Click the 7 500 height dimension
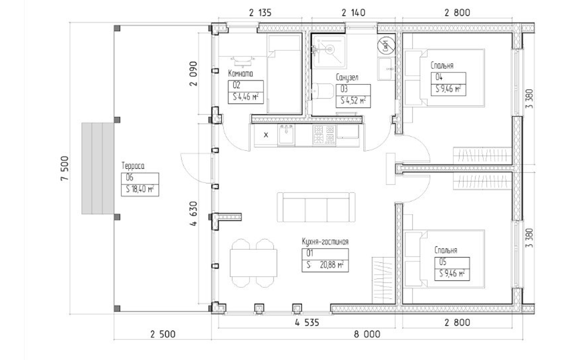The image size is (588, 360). [x=64, y=168]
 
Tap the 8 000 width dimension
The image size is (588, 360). [x=367, y=334]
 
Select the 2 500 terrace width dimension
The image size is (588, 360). [x=163, y=334]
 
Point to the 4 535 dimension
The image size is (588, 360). [x=307, y=322]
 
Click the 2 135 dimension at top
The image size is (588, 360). [x=260, y=12]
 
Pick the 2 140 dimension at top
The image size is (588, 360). [x=353, y=12]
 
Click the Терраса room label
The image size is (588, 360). [x=133, y=166]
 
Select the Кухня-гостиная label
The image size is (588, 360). [x=325, y=242]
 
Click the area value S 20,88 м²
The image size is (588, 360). [x=325, y=265]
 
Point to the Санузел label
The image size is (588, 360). [x=347, y=78]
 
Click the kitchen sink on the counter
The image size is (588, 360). [x=286, y=135]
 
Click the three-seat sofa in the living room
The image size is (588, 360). [x=316, y=207]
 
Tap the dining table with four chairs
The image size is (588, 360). [x=253, y=263]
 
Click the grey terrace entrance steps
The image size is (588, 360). [x=98, y=168]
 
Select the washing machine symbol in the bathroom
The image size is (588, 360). [x=386, y=46]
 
